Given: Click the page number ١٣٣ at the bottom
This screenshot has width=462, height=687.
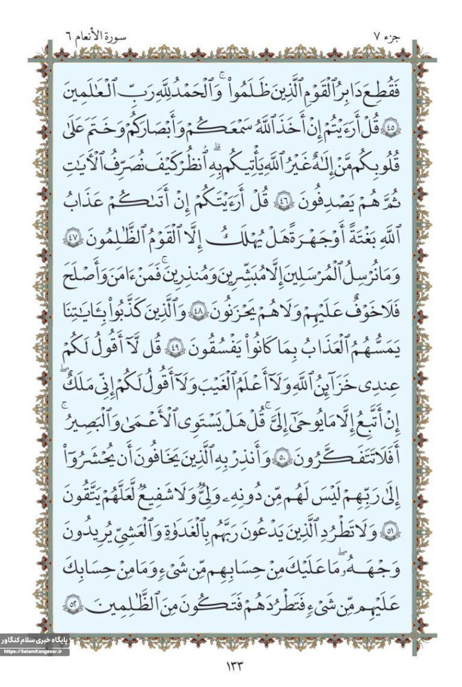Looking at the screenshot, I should coord(232,667).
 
